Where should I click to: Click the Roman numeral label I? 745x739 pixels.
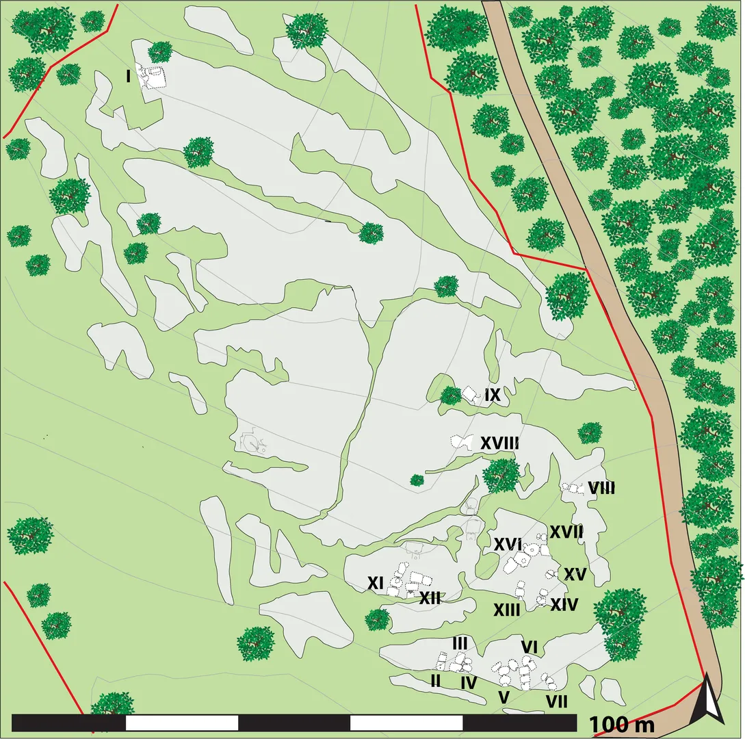click(x=129, y=77)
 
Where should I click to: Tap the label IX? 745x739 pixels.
click(x=493, y=395)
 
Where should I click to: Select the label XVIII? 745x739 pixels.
click(x=499, y=443)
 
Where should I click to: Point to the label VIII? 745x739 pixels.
click(x=601, y=489)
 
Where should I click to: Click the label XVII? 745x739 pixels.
click(x=566, y=531)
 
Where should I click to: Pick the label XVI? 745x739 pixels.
click(x=508, y=545)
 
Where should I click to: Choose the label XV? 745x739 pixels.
click(x=576, y=575)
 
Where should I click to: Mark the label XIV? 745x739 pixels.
click(x=565, y=605)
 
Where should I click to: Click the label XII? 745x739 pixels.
click(x=429, y=597)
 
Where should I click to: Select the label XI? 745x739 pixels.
click(x=375, y=583)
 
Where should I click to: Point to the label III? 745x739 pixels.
click(x=460, y=643)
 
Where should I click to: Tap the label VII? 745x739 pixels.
click(x=556, y=701)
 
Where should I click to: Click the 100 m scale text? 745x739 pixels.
click(x=621, y=724)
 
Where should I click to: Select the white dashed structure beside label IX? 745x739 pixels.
click(x=469, y=393)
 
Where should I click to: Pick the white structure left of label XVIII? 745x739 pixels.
click(x=461, y=442)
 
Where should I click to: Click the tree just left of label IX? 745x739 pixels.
click(x=450, y=396)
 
